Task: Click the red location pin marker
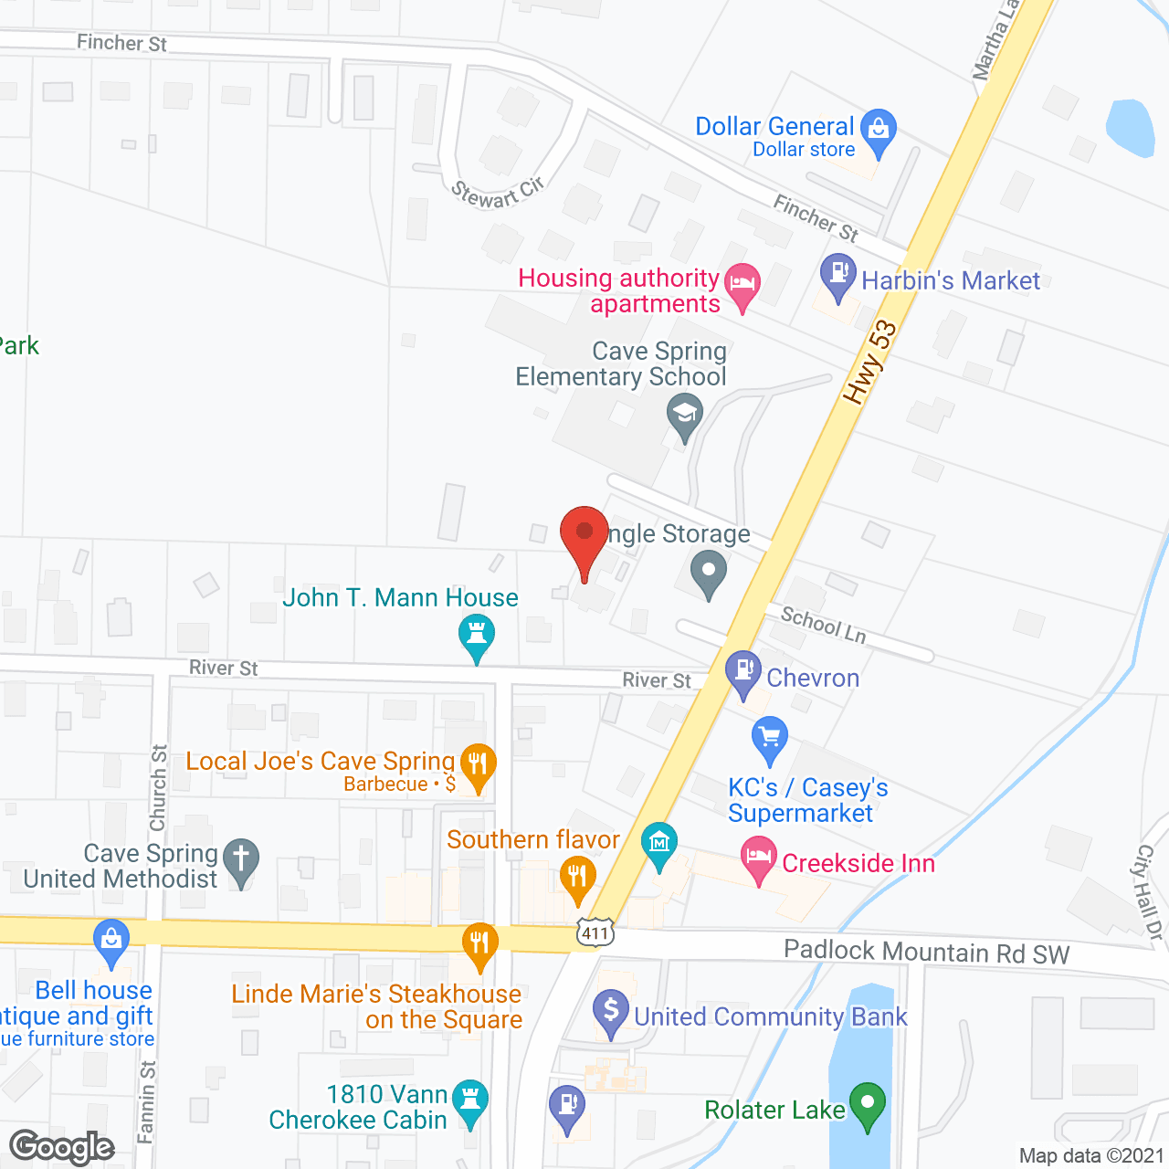point(584,534)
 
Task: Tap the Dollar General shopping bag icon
point(879,130)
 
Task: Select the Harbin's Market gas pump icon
point(837,275)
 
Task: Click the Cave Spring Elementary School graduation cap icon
point(684,415)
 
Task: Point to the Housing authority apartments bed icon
point(742,283)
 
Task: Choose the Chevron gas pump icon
point(743,671)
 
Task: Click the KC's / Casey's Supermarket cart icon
point(770,737)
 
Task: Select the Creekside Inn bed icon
point(758,858)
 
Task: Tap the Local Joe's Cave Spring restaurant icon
point(478,764)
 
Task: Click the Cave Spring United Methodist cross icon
point(241,859)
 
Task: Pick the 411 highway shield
point(595,933)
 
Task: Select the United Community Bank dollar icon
point(610,1012)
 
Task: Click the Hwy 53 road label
point(870,362)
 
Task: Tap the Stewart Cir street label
point(498,193)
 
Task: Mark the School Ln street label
point(823,625)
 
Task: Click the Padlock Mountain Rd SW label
point(926,953)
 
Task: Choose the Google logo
point(62,1147)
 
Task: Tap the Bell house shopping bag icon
point(111,940)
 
